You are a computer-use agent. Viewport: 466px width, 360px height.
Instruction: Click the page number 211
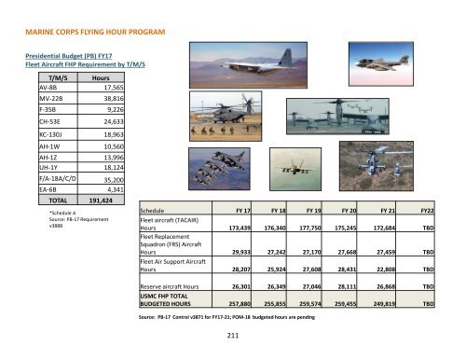(233, 337)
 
